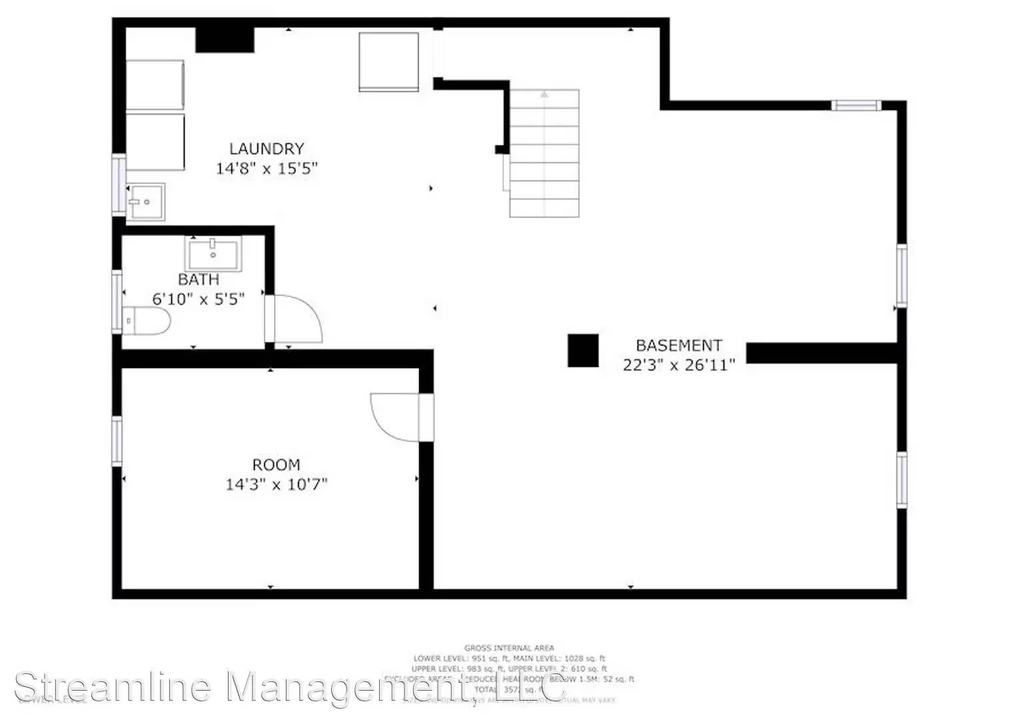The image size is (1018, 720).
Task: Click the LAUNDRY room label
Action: (266, 149)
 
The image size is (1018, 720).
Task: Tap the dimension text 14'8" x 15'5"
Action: (266, 168)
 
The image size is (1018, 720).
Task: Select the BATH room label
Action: (199, 279)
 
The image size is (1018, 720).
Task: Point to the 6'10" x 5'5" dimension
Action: (199, 299)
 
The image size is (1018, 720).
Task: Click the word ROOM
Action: (276, 465)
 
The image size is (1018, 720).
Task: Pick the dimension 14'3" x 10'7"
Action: (276, 484)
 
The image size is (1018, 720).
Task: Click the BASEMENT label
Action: (679, 345)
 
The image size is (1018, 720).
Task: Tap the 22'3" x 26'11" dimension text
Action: (679, 365)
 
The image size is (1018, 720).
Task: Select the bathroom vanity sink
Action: (213, 254)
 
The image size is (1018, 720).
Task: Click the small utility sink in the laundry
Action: (146, 201)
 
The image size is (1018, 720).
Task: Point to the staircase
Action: (544, 153)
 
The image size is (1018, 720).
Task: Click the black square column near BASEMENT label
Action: (583, 350)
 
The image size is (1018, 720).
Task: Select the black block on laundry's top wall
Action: (225, 39)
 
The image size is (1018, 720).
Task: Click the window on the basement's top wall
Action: (856, 105)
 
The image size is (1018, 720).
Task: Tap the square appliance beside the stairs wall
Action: (389, 61)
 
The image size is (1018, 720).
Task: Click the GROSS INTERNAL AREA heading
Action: (509, 647)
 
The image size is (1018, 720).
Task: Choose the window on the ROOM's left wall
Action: (117, 441)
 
